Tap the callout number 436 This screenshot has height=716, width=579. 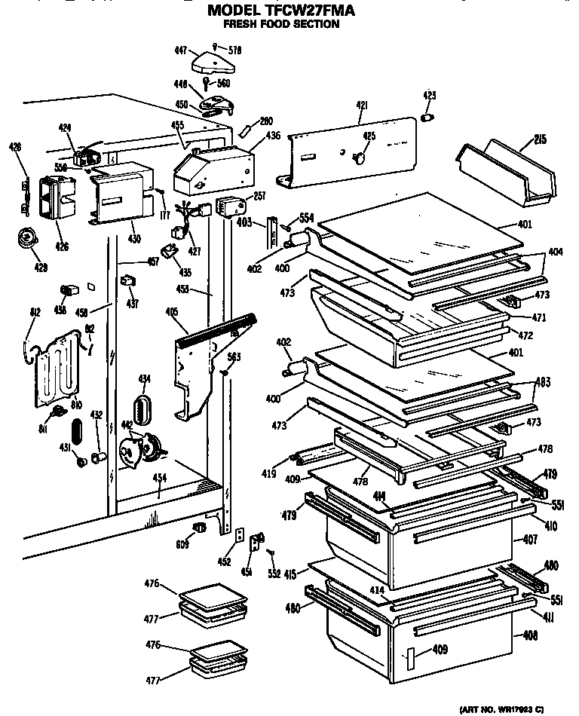[273, 136]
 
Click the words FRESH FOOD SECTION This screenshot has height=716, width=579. [280, 24]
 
